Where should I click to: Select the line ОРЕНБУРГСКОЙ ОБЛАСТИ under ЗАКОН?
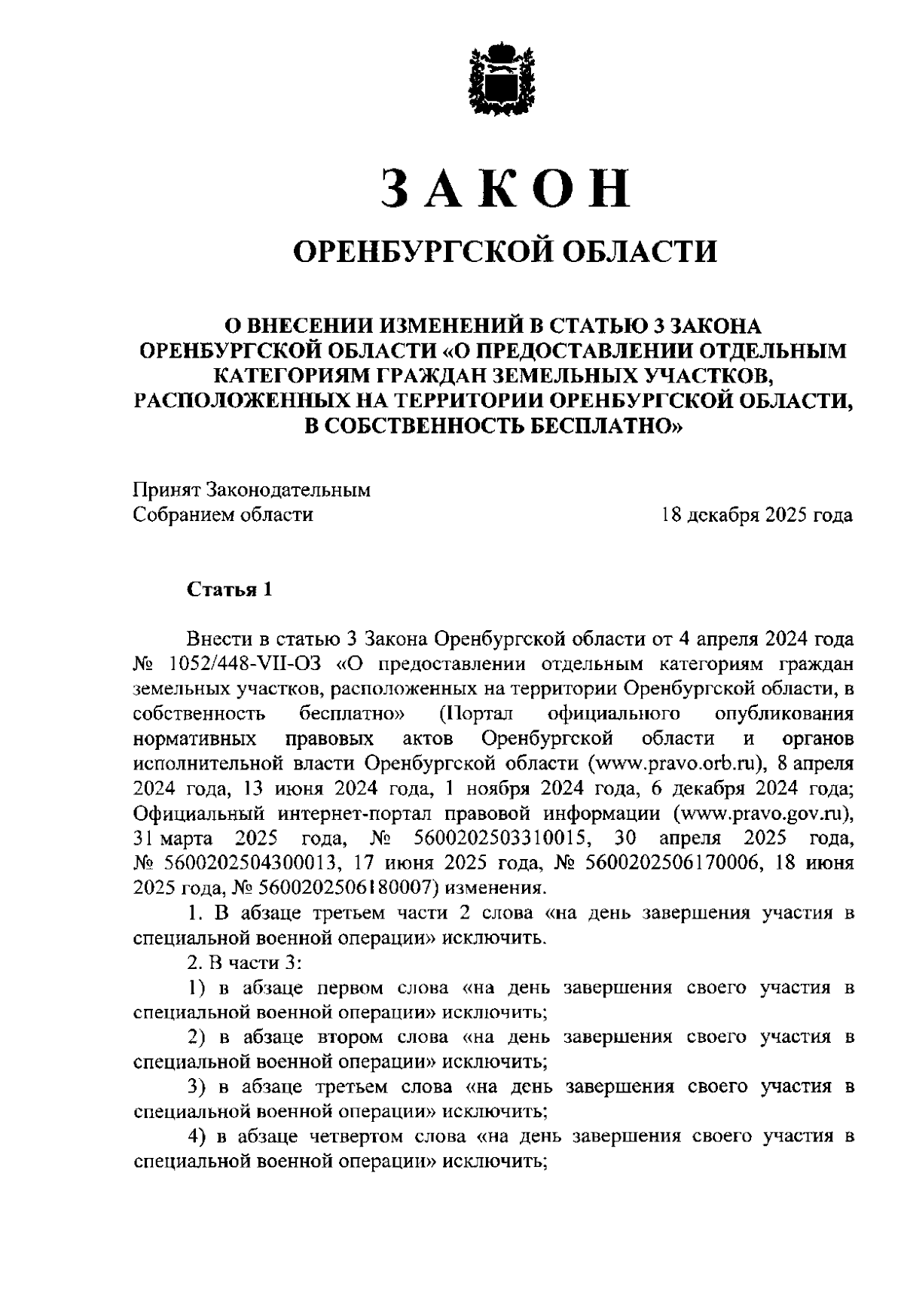tap(505, 251)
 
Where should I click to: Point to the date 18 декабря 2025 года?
tap(756, 516)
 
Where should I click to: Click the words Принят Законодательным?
tap(252, 491)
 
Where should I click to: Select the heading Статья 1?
tap(229, 590)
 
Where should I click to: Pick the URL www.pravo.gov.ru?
tap(762, 813)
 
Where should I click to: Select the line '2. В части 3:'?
tap(245, 963)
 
